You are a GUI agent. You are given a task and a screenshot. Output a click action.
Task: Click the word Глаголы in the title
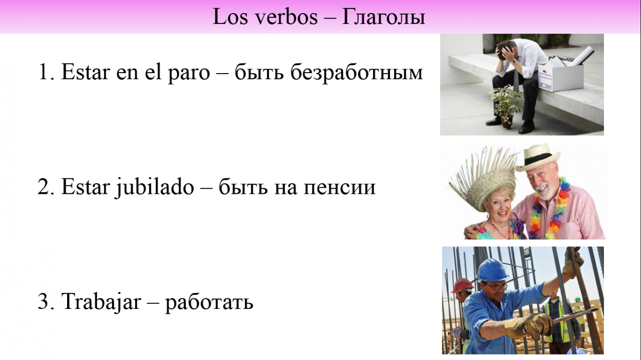coord(384,17)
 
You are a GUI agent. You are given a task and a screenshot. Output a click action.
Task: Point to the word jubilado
coord(155,187)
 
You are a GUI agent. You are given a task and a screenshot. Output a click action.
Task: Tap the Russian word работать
coord(209,303)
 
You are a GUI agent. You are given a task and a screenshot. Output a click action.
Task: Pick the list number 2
coord(43,187)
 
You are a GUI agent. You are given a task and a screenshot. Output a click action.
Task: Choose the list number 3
coord(43,301)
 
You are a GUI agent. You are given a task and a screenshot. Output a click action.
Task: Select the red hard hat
coord(462,285)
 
